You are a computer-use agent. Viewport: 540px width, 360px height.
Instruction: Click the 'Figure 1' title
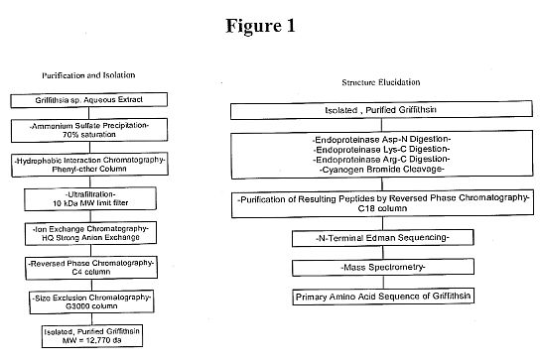[260, 26]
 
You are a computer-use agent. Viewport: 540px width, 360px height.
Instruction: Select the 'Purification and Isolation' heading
[88, 75]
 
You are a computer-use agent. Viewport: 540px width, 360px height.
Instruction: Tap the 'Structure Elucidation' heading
[381, 82]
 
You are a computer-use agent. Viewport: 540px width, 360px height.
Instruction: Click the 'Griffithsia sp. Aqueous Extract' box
[89, 100]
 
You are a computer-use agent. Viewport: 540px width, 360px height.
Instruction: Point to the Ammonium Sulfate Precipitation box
[89, 130]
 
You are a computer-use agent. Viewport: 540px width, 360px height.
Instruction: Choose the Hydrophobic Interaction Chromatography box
[89, 165]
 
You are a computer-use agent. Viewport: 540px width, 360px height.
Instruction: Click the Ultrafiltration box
[90, 199]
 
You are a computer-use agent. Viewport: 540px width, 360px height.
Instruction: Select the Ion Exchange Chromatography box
[90, 233]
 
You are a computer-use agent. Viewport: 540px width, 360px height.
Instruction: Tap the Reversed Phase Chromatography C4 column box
[91, 268]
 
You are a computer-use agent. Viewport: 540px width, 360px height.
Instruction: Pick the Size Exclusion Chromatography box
[91, 301]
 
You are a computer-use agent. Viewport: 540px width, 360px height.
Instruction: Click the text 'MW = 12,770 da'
[91, 340]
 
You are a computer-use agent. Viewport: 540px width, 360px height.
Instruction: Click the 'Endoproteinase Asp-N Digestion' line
[381, 140]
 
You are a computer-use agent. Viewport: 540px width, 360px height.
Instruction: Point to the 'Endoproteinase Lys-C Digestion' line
[381, 150]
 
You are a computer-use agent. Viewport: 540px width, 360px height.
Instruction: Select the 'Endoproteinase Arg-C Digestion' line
[381, 160]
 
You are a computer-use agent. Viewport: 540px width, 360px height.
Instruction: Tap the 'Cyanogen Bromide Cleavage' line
[381, 170]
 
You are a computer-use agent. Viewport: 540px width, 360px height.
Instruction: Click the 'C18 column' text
[382, 208]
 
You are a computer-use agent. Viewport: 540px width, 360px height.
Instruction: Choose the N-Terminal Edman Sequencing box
[382, 238]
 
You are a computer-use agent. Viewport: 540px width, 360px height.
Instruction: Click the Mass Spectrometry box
[383, 268]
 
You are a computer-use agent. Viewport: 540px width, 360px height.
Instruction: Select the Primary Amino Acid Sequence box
[383, 297]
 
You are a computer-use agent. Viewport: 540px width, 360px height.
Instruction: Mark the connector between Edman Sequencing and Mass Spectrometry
[383, 253]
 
